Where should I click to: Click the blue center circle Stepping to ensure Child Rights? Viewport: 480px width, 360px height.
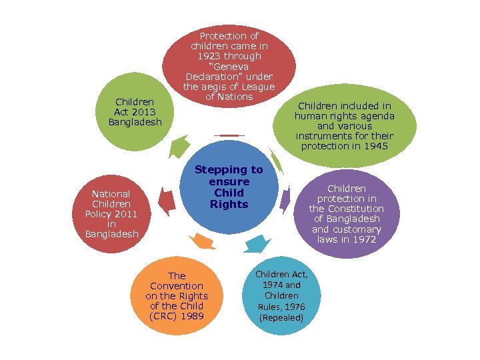tap(229, 187)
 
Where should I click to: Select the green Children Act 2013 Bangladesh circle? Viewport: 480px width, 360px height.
tap(135, 112)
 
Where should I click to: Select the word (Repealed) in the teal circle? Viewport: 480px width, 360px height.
tap(281, 317)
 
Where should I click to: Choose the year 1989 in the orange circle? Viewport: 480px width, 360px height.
tap(192, 316)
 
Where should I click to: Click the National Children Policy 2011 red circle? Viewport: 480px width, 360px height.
tap(112, 213)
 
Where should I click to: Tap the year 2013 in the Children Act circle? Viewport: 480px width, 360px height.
tap(145, 112)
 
